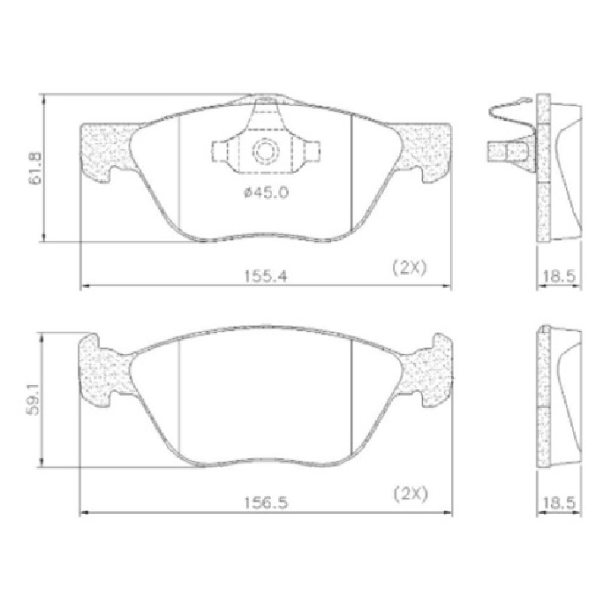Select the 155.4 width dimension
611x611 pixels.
tap(266, 276)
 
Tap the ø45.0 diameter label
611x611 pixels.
tap(266, 192)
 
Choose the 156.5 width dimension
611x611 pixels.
tap(266, 502)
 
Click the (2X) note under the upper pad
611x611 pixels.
tap(409, 268)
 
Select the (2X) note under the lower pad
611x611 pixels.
tap(411, 494)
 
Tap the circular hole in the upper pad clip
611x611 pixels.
tap(265, 150)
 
